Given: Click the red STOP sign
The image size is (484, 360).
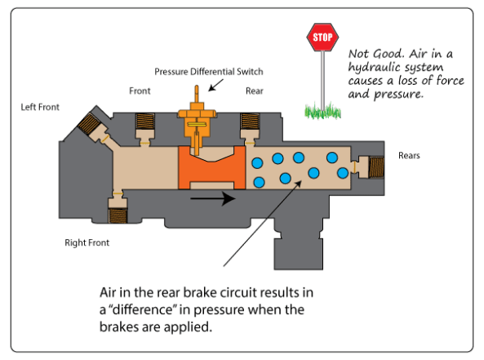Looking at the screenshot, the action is click(322, 37).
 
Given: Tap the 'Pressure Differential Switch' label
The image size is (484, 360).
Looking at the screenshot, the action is click(209, 72).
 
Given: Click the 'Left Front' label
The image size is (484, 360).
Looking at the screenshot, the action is click(40, 107).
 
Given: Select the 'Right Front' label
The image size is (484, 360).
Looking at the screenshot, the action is click(87, 242).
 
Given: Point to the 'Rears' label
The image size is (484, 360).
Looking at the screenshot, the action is click(409, 155).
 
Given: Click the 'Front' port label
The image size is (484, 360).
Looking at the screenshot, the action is click(140, 91).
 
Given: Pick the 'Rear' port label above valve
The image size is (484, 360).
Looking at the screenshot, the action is click(255, 91).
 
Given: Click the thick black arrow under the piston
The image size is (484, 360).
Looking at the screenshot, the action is click(213, 198).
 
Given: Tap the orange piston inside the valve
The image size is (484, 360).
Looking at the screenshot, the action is click(211, 167).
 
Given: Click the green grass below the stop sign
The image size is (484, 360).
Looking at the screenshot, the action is click(322, 111).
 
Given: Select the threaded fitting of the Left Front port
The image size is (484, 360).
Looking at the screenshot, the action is click(88, 123).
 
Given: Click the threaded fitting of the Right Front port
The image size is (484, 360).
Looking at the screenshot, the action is click(118, 216).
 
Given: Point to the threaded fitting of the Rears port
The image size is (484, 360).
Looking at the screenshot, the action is click(376, 167).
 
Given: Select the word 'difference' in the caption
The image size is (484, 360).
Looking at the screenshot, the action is click(142, 309).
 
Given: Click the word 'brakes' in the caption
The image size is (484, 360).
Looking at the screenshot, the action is click(119, 327).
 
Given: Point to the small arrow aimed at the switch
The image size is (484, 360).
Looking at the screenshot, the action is click(215, 85).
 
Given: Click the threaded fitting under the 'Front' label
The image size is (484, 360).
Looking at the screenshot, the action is click(145, 122).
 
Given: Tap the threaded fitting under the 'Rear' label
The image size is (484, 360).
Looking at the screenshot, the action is click(250, 122).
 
